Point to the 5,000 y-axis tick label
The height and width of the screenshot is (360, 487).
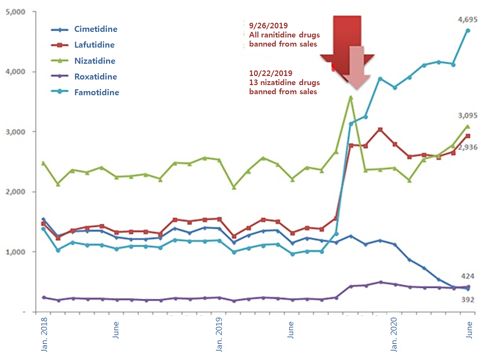coord(16,12)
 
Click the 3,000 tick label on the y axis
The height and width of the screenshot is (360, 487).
coord(16,132)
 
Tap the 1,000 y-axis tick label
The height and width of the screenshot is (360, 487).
coord(16,252)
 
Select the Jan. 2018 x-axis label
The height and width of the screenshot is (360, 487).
coord(44,334)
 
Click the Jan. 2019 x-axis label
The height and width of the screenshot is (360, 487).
coord(219,334)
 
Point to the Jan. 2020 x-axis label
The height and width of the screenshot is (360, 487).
coord(394,334)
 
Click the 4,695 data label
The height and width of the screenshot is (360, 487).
coord(467,20)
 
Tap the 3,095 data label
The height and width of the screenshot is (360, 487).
coord(467,116)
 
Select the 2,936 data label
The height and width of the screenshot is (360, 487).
coord(468,147)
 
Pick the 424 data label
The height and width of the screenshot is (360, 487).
coord(468,276)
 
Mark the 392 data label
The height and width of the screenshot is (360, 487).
coord(468,300)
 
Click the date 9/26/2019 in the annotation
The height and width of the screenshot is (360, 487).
coord(268,26)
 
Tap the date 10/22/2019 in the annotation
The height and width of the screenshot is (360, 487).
coord(270,73)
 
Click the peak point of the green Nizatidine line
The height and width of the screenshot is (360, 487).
coord(351,97)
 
